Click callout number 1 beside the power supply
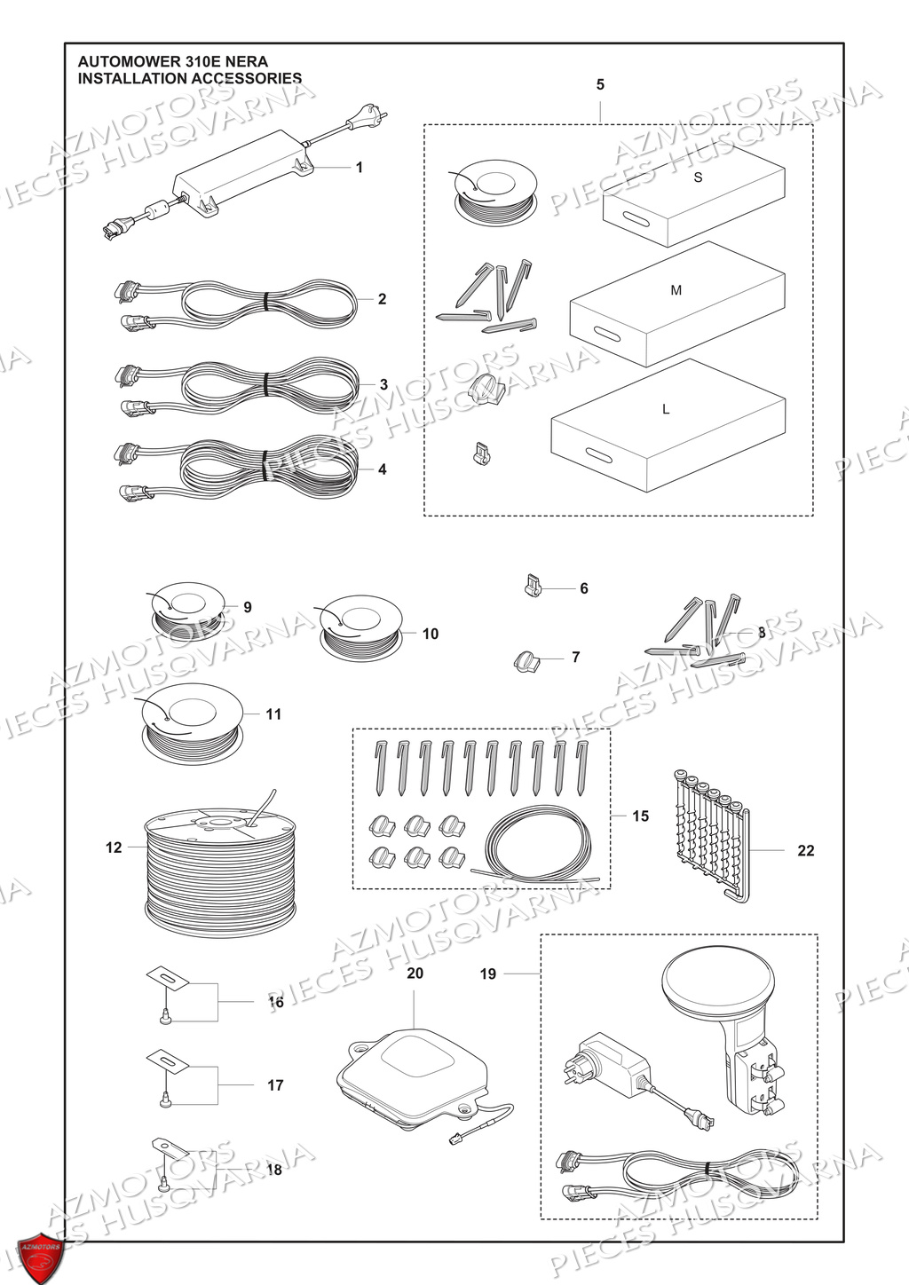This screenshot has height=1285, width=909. click(x=360, y=167)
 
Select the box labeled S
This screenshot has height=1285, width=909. click(x=696, y=195)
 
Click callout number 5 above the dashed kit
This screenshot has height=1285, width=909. click(x=600, y=85)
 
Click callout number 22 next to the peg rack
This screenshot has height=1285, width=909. click(x=805, y=850)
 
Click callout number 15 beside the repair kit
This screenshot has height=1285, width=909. click(x=640, y=816)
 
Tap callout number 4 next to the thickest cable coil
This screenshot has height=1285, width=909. click(x=383, y=469)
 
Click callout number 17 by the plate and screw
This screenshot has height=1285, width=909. click(x=275, y=1084)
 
